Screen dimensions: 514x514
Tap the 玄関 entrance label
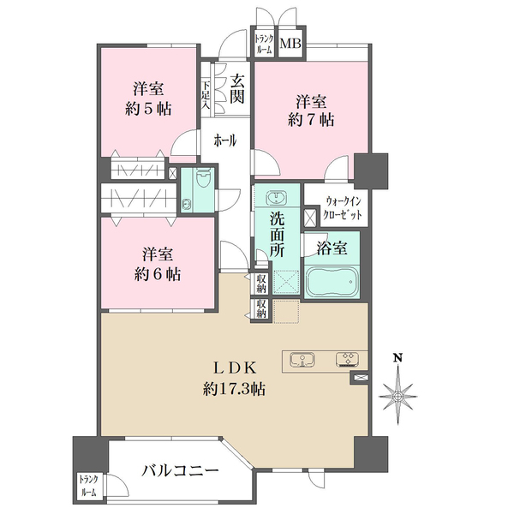(237, 88)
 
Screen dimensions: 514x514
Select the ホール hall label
(226, 139)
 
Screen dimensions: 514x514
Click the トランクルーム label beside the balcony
(87, 487)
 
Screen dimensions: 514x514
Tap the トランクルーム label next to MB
(263, 44)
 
